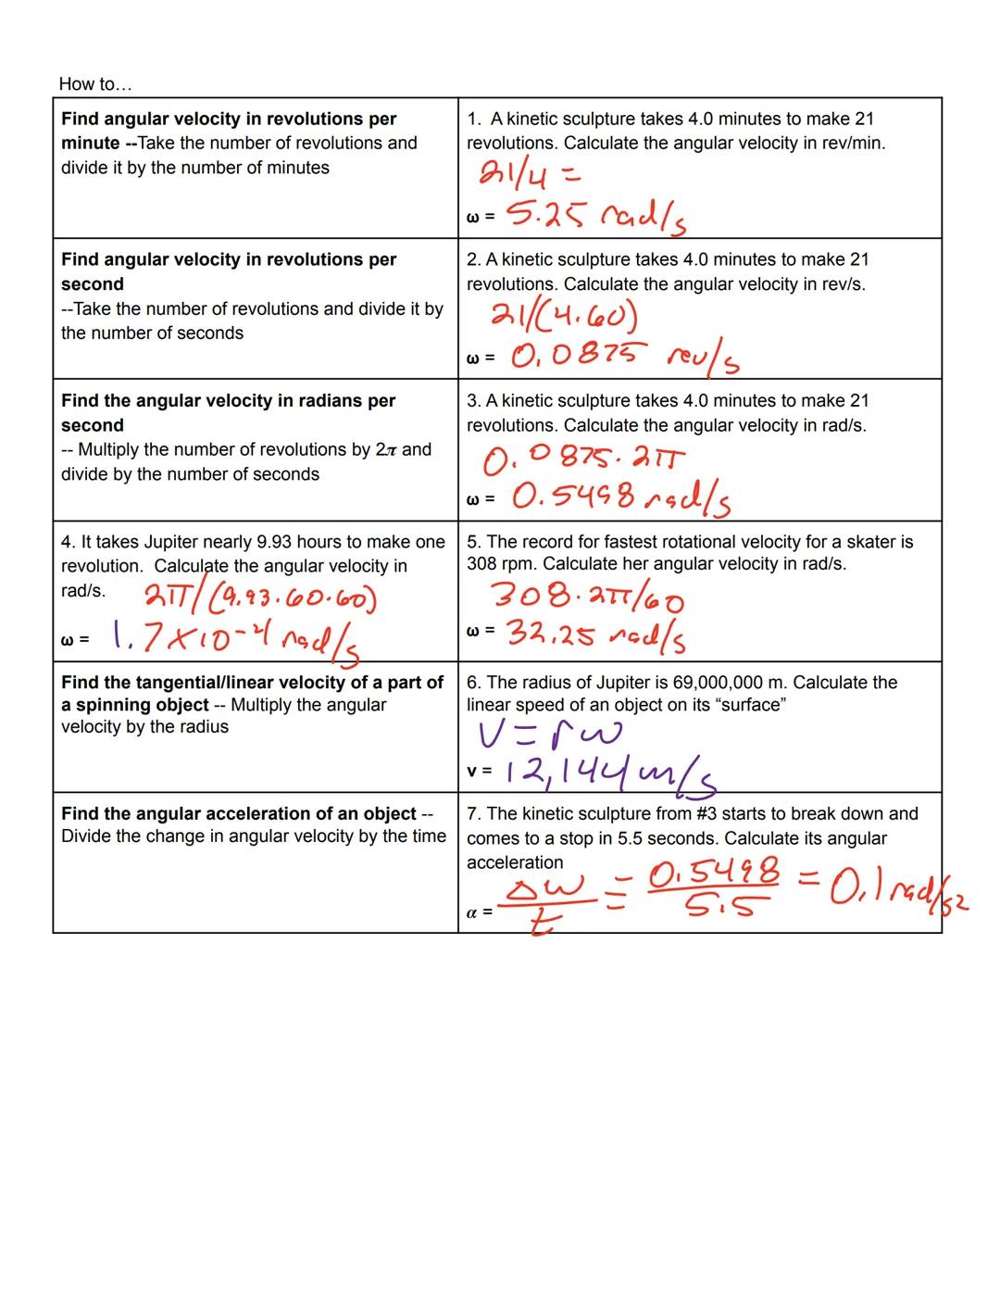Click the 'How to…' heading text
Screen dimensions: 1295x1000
(95, 84)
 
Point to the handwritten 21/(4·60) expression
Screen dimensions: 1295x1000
(565, 318)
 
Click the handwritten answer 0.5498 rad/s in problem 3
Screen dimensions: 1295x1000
(620, 498)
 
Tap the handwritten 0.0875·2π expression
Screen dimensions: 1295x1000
(585, 458)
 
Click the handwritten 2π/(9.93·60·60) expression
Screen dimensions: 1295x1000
(260, 599)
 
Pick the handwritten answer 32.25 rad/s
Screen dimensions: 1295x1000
(596, 635)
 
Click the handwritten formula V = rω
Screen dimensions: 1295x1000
(550, 734)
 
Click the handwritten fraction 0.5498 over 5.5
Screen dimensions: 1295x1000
(714, 887)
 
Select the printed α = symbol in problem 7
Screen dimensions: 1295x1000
(479, 912)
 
